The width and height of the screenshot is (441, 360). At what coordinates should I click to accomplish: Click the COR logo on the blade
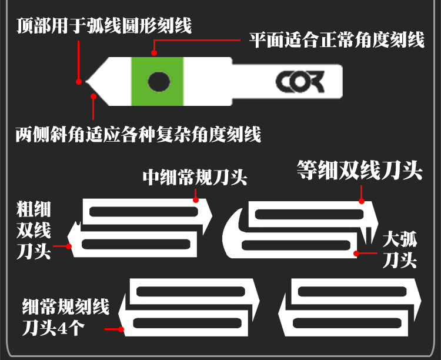coord(300,82)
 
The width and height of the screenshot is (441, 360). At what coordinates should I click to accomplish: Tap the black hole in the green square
coord(158,82)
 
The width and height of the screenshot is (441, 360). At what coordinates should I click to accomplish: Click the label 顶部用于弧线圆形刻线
coord(104,26)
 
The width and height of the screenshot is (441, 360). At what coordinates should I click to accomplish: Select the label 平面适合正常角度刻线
coord(336,41)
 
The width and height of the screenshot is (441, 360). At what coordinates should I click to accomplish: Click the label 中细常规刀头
coord(195,177)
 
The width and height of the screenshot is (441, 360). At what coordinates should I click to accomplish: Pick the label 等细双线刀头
coord(359,170)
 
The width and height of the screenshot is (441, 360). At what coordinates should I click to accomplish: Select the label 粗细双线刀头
coord(34,231)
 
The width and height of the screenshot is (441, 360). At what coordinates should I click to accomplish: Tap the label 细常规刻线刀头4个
coord(62,316)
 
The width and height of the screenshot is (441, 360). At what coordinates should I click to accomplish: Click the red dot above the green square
coord(155,53)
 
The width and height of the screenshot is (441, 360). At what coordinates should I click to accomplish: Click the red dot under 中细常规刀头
coord(197,201)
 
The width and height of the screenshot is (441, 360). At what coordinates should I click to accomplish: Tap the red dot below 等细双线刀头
coord(363,201)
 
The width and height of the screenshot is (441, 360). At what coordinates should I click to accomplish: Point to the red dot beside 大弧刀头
coord(356,254)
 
